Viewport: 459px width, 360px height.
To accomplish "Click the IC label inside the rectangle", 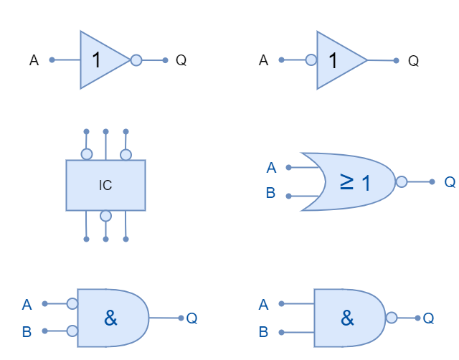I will [105, 186].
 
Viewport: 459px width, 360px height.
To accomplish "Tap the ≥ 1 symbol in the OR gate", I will [356, 182].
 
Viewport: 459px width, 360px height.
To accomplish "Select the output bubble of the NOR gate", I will [402, 182].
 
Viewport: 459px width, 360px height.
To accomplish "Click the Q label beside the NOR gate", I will [450, 182].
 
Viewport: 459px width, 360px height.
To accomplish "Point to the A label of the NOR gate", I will [271, 168].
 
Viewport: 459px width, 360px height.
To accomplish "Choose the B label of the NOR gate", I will [270, 193].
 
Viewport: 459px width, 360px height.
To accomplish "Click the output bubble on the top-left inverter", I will [136, 60].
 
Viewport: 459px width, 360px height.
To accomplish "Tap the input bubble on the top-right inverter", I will [311, 60].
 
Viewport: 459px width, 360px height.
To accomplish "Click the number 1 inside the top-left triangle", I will [97, 60].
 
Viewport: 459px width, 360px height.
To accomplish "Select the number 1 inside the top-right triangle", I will [333, 60].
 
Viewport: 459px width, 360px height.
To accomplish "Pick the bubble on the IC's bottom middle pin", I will [105, 216].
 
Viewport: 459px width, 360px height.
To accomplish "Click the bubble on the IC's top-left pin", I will [86, 154].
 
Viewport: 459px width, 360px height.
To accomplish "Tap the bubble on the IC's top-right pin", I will [126, 154].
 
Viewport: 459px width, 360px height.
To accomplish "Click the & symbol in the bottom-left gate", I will [110, 318].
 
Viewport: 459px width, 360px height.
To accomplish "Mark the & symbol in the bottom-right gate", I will [347, 318].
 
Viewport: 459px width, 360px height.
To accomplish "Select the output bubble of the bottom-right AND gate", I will [392, 318].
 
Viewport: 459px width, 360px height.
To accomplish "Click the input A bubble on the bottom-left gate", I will [72, 304].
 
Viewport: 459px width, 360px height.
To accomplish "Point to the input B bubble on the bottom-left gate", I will [72, 331].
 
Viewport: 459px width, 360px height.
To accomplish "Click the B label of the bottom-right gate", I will [263, 332].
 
